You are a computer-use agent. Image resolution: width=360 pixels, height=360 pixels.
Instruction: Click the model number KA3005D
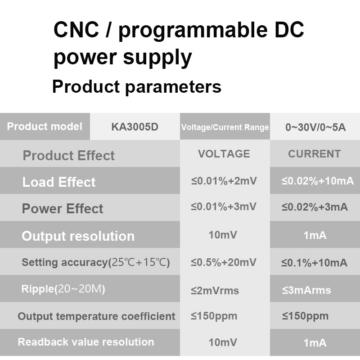(135, 127)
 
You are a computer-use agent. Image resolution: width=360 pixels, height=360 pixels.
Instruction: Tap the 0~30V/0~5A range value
(315, 127)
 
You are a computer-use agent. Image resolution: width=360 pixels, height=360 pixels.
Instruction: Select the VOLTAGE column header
(224, 154)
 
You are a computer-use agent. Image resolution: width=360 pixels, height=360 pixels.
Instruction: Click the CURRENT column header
(314, 154)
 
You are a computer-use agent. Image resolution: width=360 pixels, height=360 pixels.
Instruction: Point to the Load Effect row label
(59, 182)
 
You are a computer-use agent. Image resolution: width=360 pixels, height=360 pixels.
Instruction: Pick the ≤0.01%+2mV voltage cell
(224, 181)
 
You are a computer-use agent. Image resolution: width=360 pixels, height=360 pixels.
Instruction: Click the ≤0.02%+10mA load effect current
(318, 181)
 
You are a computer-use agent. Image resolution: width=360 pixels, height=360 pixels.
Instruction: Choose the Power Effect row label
(63, 209)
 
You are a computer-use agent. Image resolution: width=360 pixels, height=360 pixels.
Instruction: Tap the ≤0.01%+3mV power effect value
(224, 207)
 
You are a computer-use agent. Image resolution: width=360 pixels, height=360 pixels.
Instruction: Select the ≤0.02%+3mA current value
(315, 207)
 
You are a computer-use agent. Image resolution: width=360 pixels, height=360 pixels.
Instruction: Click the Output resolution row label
(78, 236)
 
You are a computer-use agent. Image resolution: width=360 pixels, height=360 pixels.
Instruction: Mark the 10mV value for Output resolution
(223, 235)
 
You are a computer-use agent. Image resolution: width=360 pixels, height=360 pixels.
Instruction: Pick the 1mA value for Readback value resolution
(315, 343)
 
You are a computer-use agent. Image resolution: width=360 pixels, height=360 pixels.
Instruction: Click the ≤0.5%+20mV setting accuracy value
(223, 262)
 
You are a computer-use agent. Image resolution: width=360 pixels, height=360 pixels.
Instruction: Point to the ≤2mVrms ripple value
(215, 291)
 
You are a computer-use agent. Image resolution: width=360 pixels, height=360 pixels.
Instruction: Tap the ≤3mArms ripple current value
(306, 290)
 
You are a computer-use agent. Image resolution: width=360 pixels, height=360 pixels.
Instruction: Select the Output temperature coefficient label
(96, 316)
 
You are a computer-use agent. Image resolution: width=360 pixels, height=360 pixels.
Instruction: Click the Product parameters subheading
(137, 87)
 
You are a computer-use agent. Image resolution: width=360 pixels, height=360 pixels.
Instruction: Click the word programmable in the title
(193, 31)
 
